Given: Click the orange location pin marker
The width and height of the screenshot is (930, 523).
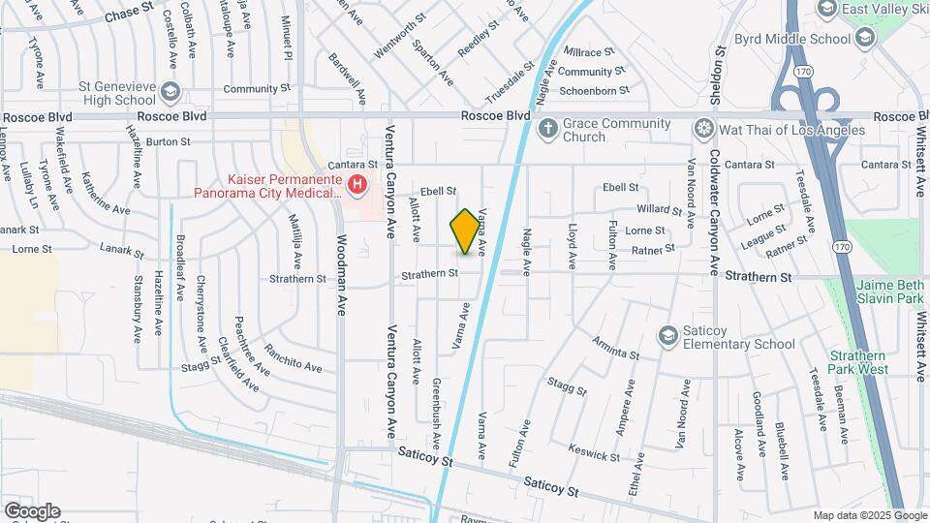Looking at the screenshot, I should [x=466, y=231].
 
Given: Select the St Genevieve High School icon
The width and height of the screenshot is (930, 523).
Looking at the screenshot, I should [x=170, y=91].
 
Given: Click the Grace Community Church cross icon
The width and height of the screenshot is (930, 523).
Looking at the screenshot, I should [x=547, y=127].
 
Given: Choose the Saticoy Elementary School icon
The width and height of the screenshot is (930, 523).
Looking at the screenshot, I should [x=666, y=335].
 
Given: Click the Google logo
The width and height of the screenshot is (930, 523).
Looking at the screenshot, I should [x=31, y=510].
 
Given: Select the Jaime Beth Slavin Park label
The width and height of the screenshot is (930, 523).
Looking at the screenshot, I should [x=891, y=292].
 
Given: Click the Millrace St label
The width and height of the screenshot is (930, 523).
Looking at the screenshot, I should [x=589, y=51].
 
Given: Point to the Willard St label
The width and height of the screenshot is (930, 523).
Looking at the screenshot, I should [x=660, y=208].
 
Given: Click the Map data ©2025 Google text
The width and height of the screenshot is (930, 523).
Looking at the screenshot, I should [x=869, y=515].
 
